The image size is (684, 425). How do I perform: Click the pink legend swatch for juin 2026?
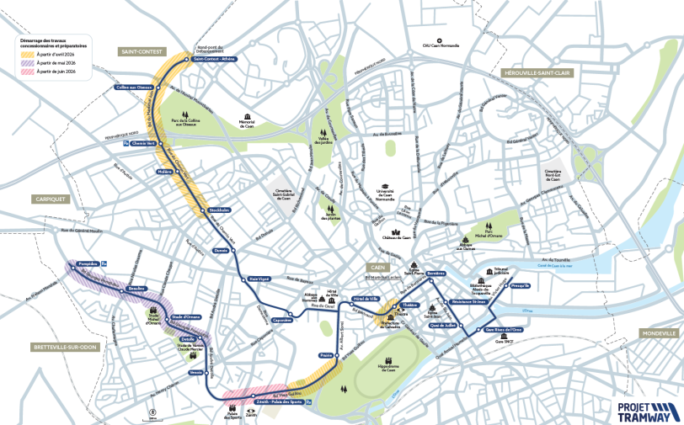point(28,73)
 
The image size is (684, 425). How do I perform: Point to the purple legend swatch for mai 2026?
point(28,63)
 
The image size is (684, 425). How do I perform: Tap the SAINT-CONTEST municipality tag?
point(142,51)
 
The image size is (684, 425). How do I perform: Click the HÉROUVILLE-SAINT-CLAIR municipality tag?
point(537,73)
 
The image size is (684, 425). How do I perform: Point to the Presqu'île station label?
point(520,286)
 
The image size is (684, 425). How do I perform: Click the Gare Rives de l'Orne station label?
point(505,331)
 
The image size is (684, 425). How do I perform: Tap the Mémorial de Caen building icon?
point(248,117)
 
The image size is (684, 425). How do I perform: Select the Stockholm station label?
point(219,210)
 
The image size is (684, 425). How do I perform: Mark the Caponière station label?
point(282,320)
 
